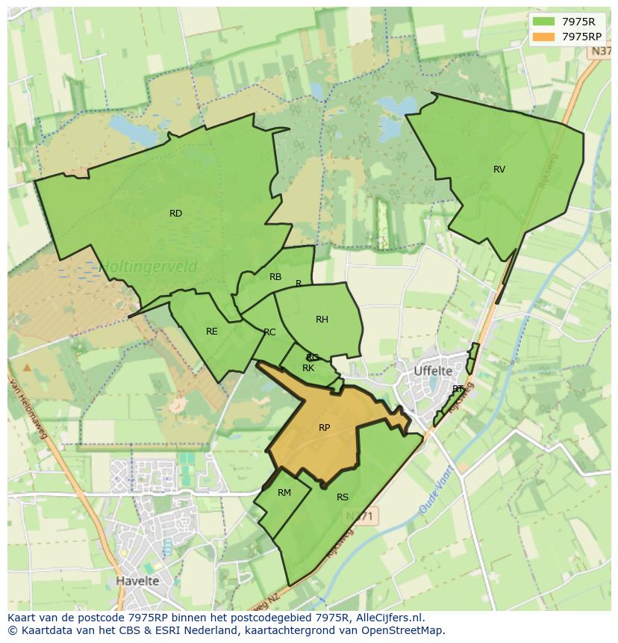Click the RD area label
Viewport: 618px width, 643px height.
point(175,214)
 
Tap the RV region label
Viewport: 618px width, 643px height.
point(499,170)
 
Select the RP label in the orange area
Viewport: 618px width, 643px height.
point(324,428)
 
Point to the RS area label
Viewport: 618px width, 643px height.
point(343,497)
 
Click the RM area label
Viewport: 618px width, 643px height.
point(284,493)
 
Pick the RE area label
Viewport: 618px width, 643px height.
point(212,332)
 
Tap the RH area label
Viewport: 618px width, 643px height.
point(322,320)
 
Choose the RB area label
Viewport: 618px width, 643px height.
point(275,277)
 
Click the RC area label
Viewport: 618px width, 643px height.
point(269,332)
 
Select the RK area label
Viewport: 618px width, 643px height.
point(308,368)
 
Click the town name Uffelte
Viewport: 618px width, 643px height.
point(433,370)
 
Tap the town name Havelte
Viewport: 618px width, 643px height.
point(137,580)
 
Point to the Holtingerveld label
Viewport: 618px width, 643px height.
point(149,266)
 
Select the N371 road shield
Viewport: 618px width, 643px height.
point(363,515)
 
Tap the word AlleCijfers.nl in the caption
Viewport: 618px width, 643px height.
point(388,618)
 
